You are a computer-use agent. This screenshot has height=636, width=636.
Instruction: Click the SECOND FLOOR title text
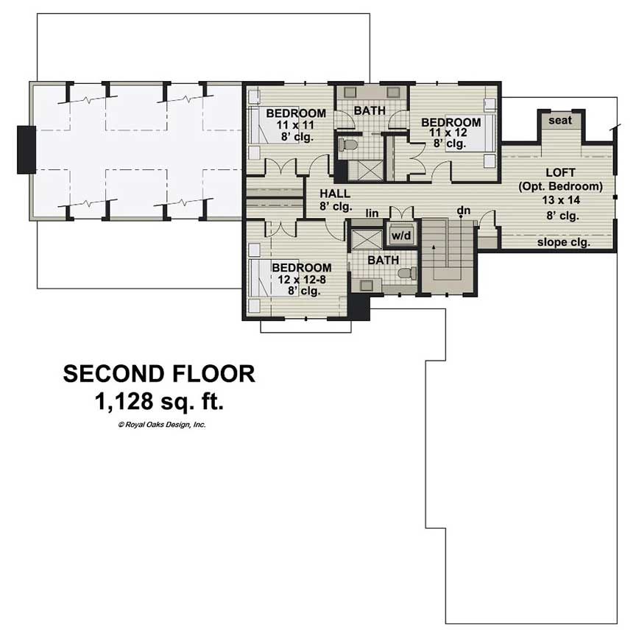(159, 374)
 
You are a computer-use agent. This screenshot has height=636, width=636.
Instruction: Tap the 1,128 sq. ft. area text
(159, 402)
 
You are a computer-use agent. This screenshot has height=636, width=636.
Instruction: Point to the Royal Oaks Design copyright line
(161, 425)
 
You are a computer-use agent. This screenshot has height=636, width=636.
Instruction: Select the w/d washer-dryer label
(400, 236)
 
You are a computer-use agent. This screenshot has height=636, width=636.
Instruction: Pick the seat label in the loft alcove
(559, 121)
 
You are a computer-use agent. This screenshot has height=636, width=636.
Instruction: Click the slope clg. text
(563, 241)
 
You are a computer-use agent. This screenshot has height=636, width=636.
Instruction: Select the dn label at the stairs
(463, 211)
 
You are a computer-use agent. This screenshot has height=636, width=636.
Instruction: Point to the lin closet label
(372, 213)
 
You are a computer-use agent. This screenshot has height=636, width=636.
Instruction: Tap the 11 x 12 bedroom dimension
(451, 133)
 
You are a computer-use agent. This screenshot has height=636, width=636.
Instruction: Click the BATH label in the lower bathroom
(383, 260)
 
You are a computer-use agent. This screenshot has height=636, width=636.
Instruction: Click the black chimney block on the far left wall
(26, 149)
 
